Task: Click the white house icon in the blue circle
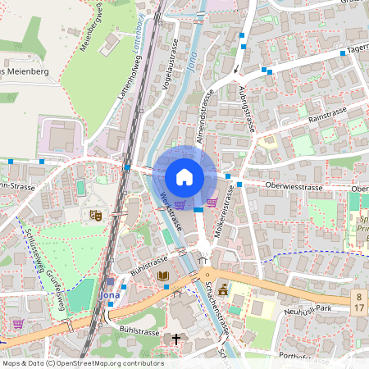[184, 176]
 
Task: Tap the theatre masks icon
[95, 215]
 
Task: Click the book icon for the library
[162, 276]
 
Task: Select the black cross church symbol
[175, 338]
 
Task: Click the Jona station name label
[108, 294]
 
